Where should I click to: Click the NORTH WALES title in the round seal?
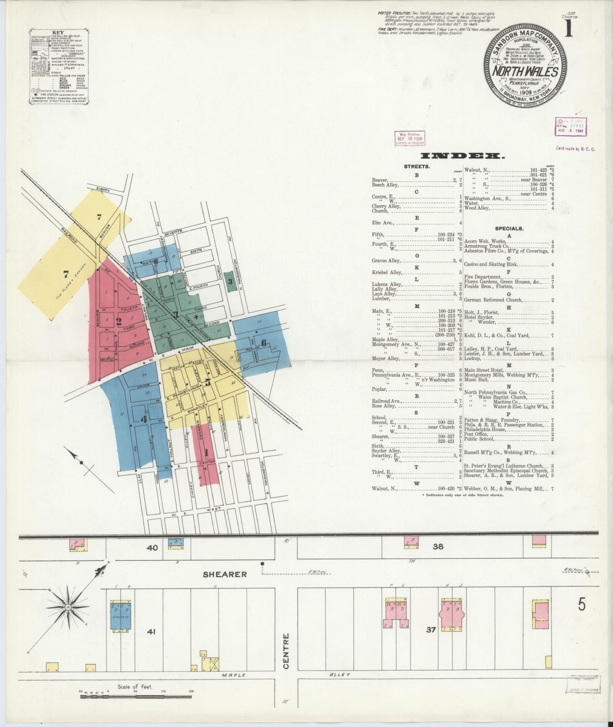click(x=525, y=72)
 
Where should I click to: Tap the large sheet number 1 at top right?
click(x=569, y=29)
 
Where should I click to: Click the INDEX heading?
click(x=463, y=156)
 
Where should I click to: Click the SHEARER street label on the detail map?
click(x=224, y=574)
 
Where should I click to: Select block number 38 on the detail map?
click(x=438, y=547)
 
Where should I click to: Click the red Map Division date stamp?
click(x=410, y=139)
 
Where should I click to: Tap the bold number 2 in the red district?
click(x=119, y=322)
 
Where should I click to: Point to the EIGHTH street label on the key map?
click(x=103, y=190)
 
